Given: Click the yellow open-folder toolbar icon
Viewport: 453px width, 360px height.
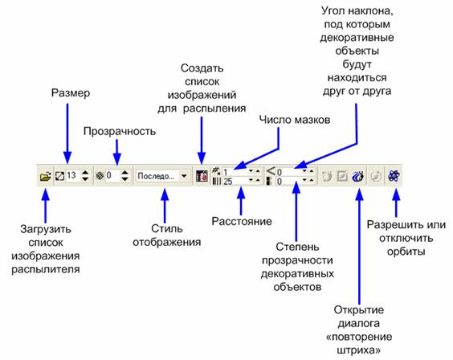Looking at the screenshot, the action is (45, 176).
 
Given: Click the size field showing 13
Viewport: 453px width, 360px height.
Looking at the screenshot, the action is (72, 175).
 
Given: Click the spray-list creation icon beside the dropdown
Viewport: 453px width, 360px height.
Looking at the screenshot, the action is (202, 176).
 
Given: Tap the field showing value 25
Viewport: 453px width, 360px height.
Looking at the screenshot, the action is (236, 182).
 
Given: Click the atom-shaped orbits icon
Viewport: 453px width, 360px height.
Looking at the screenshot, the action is (394, 176).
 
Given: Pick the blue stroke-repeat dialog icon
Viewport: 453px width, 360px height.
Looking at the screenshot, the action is (358, 176).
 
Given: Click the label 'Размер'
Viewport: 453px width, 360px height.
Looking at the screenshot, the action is (71, 93).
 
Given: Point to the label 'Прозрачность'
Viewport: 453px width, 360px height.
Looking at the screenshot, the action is (120, 132).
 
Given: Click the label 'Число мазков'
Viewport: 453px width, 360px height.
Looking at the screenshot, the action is (295, 120).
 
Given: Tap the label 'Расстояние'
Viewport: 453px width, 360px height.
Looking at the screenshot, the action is (242, 221).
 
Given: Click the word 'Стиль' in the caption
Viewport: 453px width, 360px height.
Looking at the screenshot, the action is (167, 228).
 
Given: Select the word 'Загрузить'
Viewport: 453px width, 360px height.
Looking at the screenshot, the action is (46, 229).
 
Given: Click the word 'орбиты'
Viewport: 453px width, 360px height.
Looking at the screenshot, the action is (406, 252).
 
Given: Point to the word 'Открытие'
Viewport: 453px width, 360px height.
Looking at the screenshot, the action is (359, 310).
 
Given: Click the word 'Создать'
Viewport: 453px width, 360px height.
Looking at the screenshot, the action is (202, 68).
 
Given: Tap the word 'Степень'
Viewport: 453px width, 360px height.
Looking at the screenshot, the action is (297, 247).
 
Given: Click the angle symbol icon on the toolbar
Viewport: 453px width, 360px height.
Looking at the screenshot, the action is (271, 171).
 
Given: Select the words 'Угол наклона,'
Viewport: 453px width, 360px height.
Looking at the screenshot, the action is (357, 11).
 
